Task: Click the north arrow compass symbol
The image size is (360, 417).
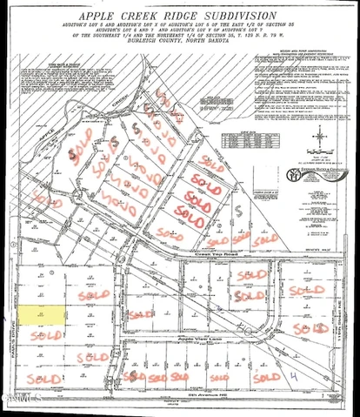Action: pos(319,136)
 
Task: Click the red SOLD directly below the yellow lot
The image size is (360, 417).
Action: pos(42,335)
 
